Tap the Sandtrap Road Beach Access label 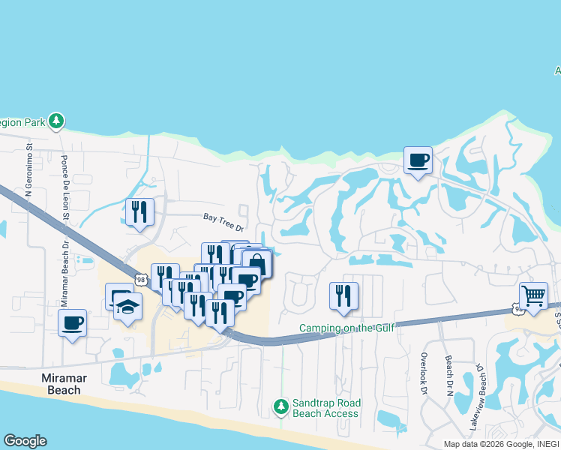[325, 408]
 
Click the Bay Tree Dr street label [223, 222]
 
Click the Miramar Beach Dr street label [64, 274]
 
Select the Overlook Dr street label [424, 374]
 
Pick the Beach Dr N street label [448, 375]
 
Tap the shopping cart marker [533, 295]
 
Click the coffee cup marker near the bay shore [418, 160]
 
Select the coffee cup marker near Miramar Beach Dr [73, 323]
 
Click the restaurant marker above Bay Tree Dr [140, 211]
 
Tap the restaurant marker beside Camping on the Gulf [344, 295]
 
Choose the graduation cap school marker [128, 307]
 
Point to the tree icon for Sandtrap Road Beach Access [281, 406]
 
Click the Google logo [25, 441]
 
